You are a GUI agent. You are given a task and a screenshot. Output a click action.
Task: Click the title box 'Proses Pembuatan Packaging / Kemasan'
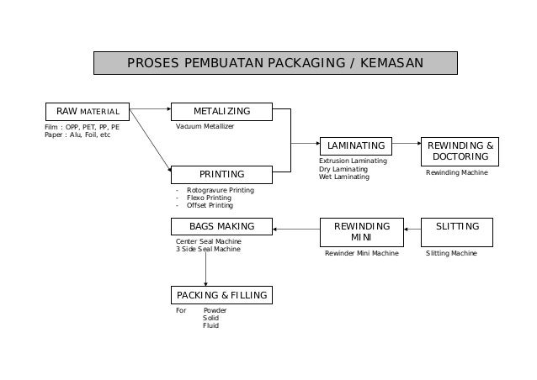275,63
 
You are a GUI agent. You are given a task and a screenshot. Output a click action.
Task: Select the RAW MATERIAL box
88,111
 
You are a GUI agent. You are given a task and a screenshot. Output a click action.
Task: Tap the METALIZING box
222,111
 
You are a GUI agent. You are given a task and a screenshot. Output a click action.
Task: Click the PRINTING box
221,174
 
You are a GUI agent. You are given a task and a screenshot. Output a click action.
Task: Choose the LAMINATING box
356,145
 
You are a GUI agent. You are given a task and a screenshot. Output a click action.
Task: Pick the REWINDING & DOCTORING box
459,150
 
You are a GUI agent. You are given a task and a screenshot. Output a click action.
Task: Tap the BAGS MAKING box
221,227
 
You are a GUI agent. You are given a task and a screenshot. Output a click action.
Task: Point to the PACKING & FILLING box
221,295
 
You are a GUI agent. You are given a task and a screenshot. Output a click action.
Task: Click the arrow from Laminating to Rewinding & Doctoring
407,145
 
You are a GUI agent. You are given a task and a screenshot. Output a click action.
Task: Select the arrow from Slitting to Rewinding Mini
413,227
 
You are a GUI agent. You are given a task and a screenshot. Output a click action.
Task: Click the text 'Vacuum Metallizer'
205,126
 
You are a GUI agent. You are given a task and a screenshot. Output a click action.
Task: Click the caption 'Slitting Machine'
451,252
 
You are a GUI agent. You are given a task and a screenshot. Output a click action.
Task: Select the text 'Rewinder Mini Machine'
362,252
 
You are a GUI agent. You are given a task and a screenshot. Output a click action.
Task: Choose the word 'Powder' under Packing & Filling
215,310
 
